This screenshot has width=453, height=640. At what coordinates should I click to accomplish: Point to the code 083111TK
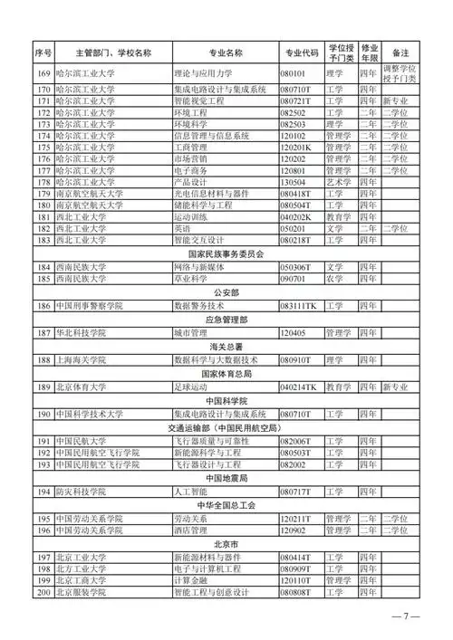click(302, 306)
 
